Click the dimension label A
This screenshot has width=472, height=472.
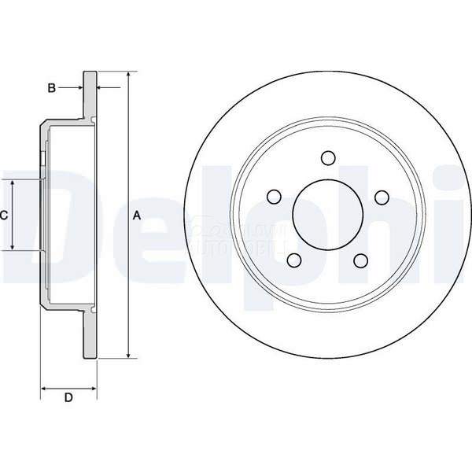[x=136, y=215]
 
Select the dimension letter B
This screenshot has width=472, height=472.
[x=51, y=88]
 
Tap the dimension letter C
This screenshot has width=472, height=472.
[x=4, y=215]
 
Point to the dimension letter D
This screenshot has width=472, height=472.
[x=68, y=398]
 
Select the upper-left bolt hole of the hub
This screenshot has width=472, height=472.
[x=273, y=197]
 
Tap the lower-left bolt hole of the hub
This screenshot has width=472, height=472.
[x=293, y=260]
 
